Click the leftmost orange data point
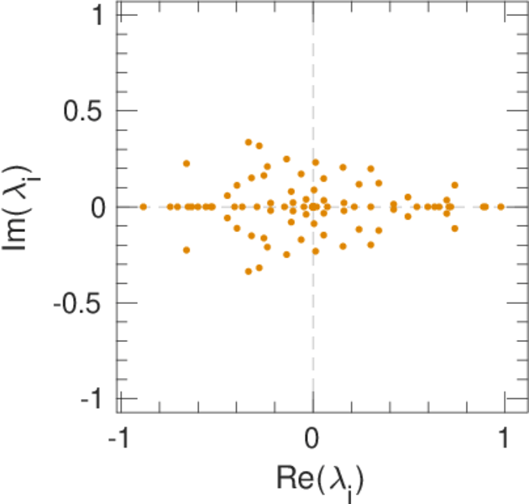(144, 207)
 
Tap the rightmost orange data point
(501, 207)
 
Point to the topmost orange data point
(249, 143)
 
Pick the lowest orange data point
(249, 270)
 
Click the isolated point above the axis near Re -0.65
(186, 163)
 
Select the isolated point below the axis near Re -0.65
(186, 249)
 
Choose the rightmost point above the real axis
(455, 185)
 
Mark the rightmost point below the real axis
(455, 228)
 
